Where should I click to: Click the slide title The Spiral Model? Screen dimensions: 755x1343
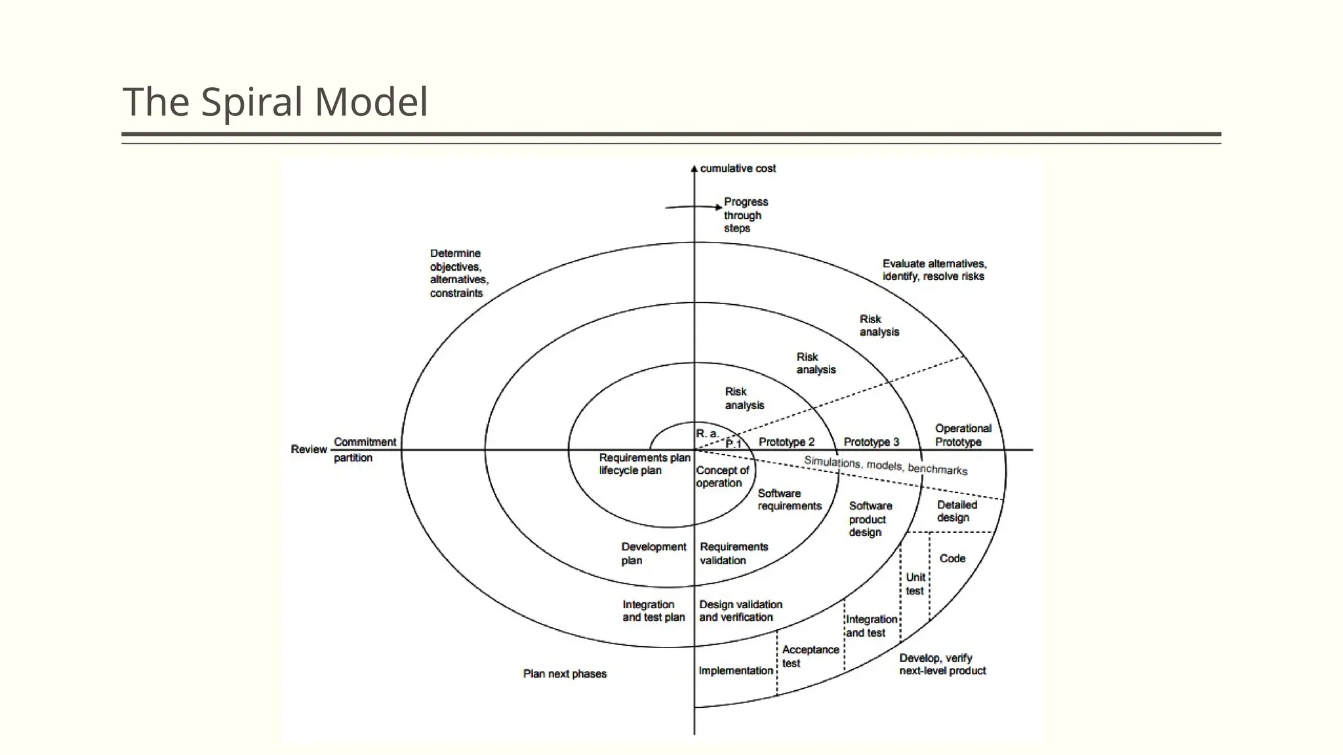(275, 102)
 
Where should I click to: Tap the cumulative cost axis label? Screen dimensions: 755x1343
(738, 168)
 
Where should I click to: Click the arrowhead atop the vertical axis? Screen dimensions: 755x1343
(694, 168)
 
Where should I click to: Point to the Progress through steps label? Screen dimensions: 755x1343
(746, 215)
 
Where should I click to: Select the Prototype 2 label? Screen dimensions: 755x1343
(786, 442)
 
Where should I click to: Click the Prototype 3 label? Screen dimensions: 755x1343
(872, 442)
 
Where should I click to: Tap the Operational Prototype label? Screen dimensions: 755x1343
(963, 435)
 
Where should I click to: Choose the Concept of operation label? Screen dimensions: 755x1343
(722, 476)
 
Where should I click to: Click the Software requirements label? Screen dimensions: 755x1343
(790, 499)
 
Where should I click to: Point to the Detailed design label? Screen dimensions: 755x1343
(956, 511)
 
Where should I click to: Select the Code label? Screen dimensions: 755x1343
(952, 558)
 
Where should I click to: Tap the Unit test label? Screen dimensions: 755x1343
(915, 584)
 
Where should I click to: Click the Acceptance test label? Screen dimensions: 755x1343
(810, 656)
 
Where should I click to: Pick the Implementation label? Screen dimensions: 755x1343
(736, 670)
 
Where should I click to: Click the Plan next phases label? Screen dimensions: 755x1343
(565, 674)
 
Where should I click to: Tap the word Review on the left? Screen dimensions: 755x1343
(309, 449)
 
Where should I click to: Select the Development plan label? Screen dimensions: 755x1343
(653, 553)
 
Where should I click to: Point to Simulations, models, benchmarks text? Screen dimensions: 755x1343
(885, 465)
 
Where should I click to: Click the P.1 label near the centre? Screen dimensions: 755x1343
(733, 444)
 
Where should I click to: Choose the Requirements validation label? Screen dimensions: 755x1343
(733, 553)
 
